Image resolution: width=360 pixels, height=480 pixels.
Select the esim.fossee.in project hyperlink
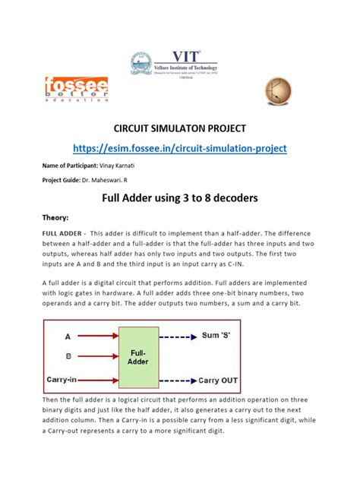point(179,147)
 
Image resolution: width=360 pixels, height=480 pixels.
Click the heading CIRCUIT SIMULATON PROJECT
point(180,125)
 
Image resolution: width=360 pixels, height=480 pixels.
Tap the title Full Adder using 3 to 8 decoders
point(180,199)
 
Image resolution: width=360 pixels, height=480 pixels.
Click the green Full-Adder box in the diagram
point(138,356)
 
